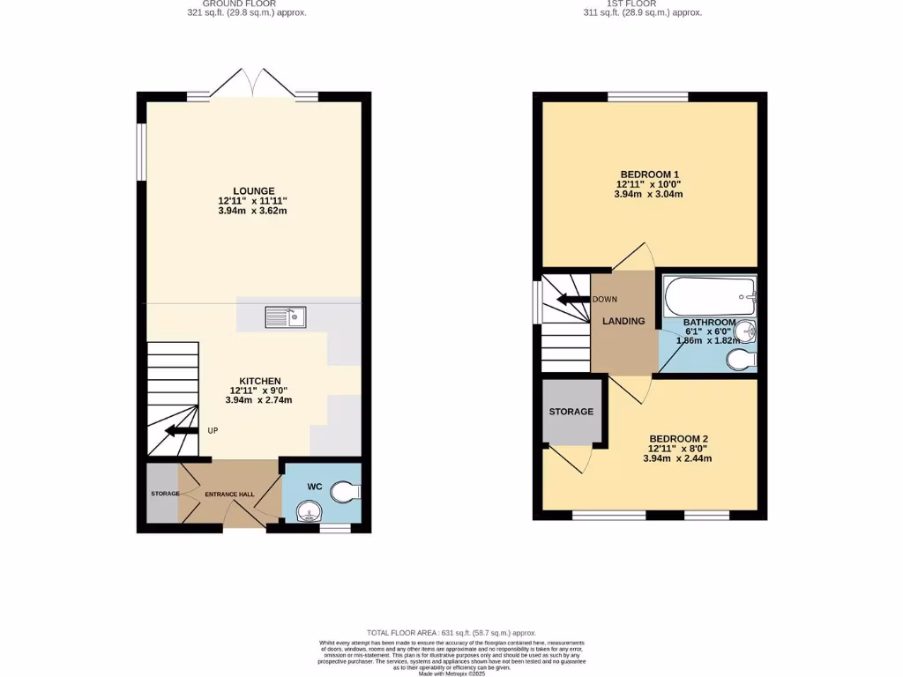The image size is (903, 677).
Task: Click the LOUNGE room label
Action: [254, 191]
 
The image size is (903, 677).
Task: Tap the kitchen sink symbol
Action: [285, 316]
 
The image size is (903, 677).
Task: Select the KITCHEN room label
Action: [260, 381]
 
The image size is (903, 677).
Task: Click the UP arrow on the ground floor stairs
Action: [182, 430]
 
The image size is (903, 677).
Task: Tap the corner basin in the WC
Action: [308, 511]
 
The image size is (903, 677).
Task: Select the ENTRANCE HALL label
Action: [229, 495]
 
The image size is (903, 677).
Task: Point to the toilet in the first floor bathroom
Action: [741, 360]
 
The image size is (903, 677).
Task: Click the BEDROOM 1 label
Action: [649, 175]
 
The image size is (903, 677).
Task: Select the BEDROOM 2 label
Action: [678, 439]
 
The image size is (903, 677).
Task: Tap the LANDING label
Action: [623, 321]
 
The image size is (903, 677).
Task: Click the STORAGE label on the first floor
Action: [571, 412]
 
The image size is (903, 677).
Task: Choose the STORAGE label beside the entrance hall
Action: [164, 494]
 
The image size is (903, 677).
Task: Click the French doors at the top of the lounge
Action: [253, 87]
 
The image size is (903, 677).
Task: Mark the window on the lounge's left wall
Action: [140, 153]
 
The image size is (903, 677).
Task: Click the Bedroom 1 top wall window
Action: [649, 96]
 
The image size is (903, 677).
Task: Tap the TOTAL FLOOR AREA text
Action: [451, 632]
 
